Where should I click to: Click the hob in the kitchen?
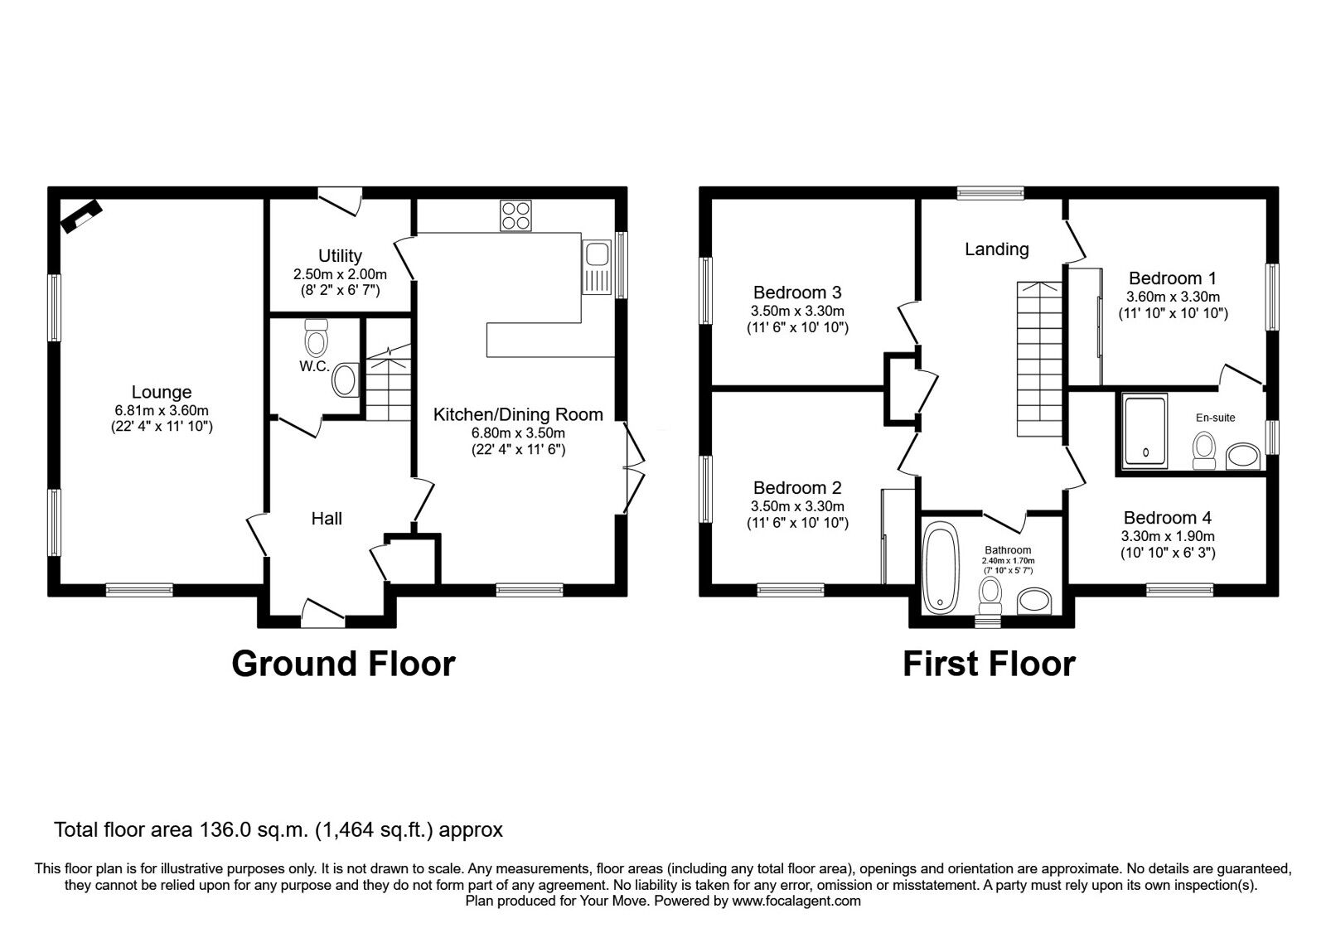pos(515,215)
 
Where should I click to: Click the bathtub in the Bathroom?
pos(941,568)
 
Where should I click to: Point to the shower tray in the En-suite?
pos(1145,432)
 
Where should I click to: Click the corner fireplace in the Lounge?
pos(82,216)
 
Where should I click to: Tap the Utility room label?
pos(340,256)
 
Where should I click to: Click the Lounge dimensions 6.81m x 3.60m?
pos(162,410)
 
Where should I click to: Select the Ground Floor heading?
pos(343,664)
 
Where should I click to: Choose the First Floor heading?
pos(990,664)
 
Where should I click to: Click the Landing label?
pos(997,249)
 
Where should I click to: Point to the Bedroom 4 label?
pos(1168,518)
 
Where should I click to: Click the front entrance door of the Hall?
pos(323,613)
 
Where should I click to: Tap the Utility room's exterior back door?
pos(340,201)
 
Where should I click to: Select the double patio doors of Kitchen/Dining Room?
pos(634,467)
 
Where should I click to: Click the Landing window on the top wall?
pos(990,193)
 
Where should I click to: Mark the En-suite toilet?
pos(1204,451)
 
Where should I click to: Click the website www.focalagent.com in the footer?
pos(796,901)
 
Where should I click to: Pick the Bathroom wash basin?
pos(1033,601)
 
